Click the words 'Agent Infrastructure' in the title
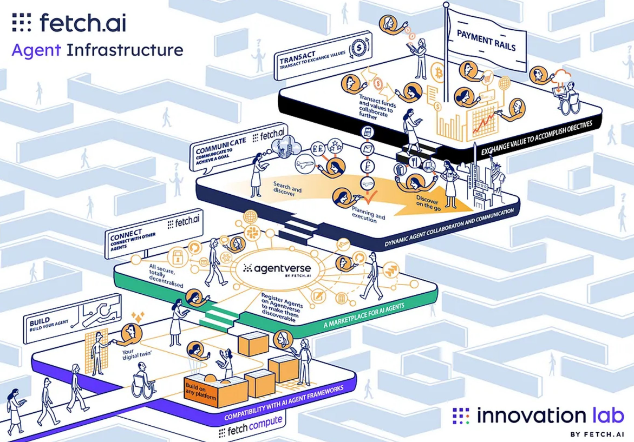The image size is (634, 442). [97, 50]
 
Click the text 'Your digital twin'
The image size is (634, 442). [136, 354]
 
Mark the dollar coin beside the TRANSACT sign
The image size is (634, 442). [358, 48]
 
